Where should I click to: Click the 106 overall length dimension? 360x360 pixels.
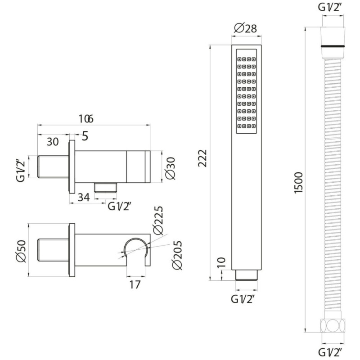86,119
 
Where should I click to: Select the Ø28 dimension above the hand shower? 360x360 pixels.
245,28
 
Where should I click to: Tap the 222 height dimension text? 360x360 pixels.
203,158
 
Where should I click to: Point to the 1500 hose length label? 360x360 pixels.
299,183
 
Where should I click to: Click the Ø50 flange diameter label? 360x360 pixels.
21,251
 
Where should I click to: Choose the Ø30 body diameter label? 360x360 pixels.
170,168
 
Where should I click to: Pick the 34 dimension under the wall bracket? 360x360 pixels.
84,197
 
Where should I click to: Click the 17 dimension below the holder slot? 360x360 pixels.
135,285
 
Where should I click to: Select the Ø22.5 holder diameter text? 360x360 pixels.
158,220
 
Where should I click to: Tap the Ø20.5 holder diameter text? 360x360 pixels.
177,255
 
